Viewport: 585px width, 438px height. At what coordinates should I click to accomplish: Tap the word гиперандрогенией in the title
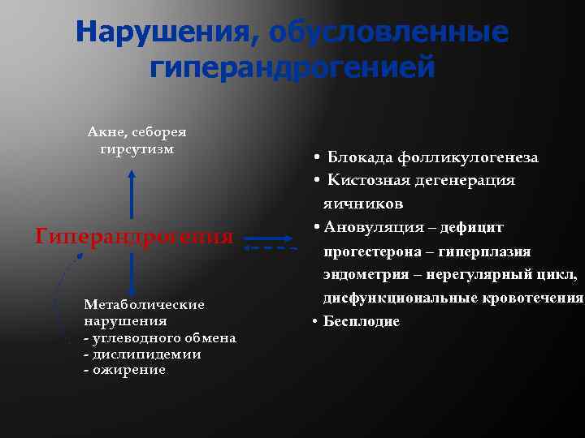tap(292, 67)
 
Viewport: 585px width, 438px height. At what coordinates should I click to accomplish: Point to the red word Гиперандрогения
tap(135, 237)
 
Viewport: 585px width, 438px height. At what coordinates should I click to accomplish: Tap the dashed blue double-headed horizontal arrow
tap(271, 246)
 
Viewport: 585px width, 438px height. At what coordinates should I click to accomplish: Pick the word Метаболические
tap(144, 304)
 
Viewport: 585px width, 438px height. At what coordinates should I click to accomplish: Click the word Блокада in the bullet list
tap(358, 157)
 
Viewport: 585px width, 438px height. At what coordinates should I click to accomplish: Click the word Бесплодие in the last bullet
tap(362, 321)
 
